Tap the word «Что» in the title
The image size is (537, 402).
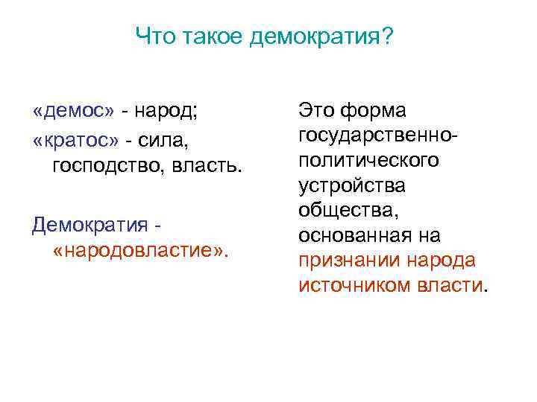coord(154,36)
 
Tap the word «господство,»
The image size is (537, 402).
coord(107,164)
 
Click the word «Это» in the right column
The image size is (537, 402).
coord(316,111)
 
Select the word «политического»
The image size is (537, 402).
coord(368,161)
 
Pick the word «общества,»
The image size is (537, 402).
coord(348,211)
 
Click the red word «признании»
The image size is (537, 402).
coord(348,261)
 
